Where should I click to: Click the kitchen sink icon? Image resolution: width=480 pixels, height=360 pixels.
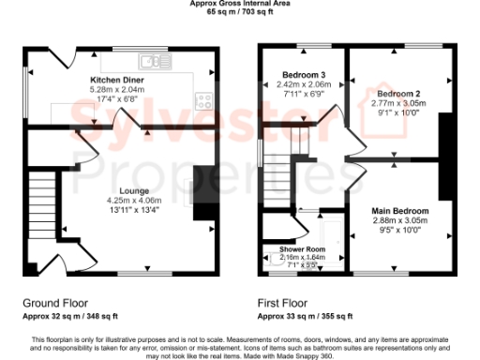[x=150, y=62]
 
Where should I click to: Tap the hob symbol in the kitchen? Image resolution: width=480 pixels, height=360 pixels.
[x=202, y=101]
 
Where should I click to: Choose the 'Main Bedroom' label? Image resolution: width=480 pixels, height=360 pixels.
[x=399, y=211]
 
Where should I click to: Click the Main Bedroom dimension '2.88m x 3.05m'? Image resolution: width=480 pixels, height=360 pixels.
[x=399, y=220]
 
